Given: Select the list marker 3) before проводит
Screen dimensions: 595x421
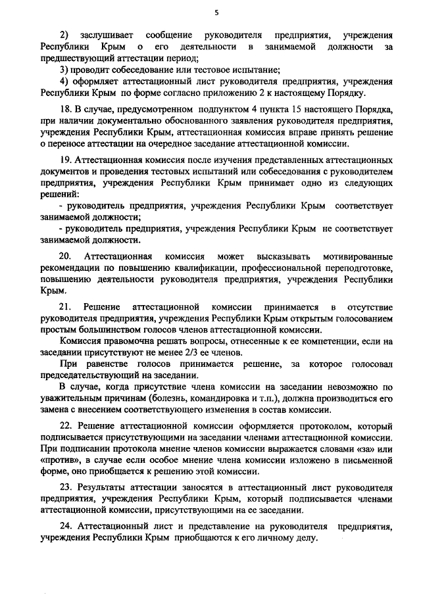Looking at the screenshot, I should click(63, 70).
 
